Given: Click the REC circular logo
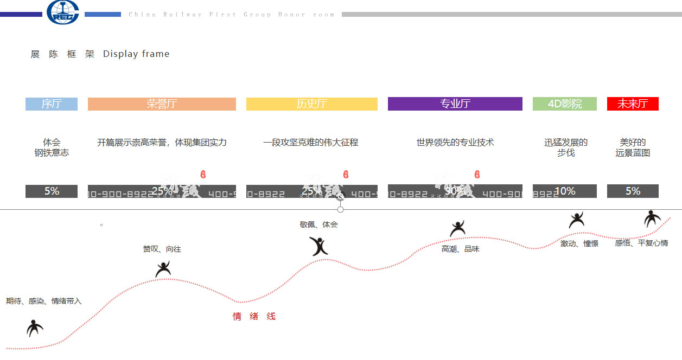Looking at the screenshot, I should pyautogui.click(x=63, y=12).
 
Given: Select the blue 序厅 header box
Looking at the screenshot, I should pyautogui.click(x=52, y=104).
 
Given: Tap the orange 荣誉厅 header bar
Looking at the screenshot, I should pyautogui.click(x=162, y=104).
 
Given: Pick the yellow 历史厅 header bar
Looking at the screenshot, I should pyautogui.click(x=311, y=104).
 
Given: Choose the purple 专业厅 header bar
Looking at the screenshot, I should pyautogui.click(x=455, y=104).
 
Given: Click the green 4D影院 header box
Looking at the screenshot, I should pyautogui.click(x=564, y=104).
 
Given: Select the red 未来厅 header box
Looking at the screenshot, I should pyautogui.click(x=633, y=104).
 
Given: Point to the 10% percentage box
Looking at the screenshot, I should pyautogui.click(x=564, y=191).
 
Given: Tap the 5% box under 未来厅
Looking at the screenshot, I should pyautogui.click(x=633, y=191).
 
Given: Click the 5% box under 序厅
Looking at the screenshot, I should pyautogui.click(x=52, y=191).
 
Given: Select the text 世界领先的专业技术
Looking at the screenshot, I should pyautogui.click(x=455, y=143).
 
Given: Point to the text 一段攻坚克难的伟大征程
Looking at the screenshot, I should pyautogui.click(x=311, y=143).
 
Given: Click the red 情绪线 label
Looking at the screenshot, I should pyautogui.click(x=254, y=317).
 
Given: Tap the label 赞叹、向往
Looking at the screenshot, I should pyautogui.click(x=162, y=249).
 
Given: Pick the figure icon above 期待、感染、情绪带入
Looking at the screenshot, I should pyautogui.click(x=35, y=327).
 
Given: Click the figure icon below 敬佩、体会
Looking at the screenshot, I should pyautogui.click(x=319, y=246).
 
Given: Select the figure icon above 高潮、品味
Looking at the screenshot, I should pyautogui.click(x=457, y=229).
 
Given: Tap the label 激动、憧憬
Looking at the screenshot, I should pyautogui.click(x=579, y=244).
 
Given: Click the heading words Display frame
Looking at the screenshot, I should pyautogui.click(x=136, y=54).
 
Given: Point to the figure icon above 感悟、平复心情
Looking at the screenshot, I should pyautogui.click(x=652, y=218).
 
